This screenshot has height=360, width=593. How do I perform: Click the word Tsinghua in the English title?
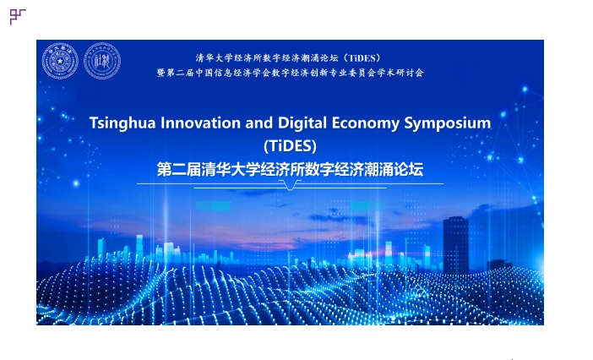(x=122, y=123)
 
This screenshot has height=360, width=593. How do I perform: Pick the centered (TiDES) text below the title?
(x=290, y=146)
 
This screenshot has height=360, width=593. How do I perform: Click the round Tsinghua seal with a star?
(x=60, y=61)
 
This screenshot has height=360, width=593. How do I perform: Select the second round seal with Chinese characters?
(x=102, y=61)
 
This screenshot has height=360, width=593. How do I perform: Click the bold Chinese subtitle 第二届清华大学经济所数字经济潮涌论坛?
(x=290, y=169)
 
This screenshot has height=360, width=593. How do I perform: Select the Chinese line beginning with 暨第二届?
(x=290, y=73)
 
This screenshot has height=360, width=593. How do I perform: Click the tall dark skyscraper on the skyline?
(x=455, y=245)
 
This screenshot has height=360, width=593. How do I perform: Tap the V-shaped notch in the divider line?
(x=290, y=185)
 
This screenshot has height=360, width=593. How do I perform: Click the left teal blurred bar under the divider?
(x=214, y=206)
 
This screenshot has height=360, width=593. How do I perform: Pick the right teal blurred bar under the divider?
(x=367, y=206)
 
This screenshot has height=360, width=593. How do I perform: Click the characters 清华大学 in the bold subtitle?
(x=231, y=169)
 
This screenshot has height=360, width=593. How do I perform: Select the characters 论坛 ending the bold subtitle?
(x=409, y=169)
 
